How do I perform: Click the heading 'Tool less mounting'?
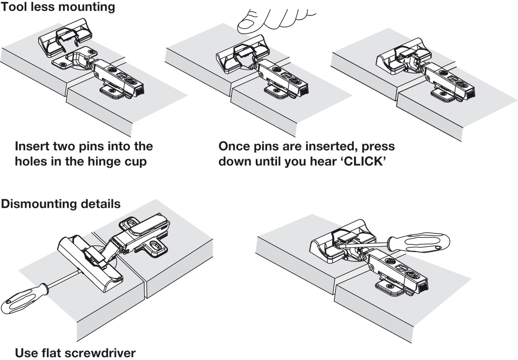coord(58,7)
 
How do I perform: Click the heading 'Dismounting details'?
coord(61,204)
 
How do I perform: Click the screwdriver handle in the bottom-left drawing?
coord(20,301)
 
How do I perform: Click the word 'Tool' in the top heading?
coord(12,7)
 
